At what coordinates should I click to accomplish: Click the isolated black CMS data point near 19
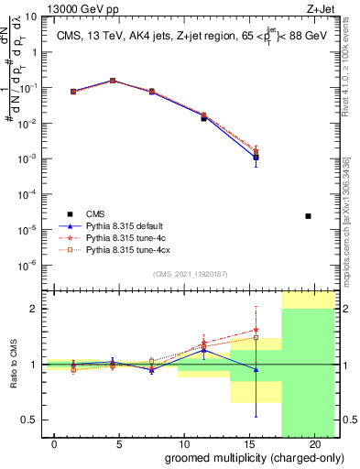(x=308, y=216)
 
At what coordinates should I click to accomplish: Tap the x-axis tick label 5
(x=119, y=444)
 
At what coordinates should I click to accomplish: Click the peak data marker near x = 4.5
(x=113, y=81)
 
